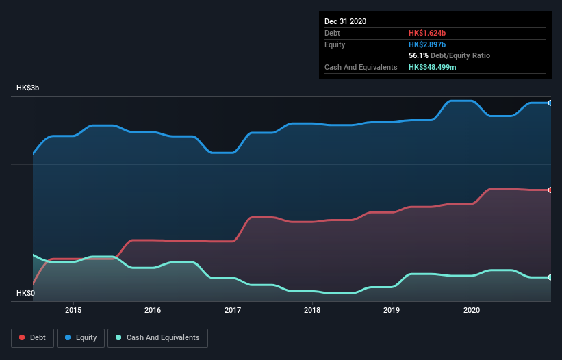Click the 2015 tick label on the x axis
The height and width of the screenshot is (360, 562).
point(73,310)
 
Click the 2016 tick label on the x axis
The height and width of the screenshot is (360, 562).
point(153,310)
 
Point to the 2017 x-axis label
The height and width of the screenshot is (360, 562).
point(233,310)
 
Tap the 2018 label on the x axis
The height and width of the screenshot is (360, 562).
point(312,310)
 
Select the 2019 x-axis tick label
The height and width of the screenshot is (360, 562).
point(392,310)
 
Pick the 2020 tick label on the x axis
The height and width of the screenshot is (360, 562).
point(472,310)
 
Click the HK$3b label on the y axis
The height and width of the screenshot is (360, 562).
point(28,88)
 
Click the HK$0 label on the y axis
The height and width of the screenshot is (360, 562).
point(25,293)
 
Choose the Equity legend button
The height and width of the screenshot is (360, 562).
point(81,337)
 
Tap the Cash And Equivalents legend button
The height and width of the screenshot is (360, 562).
point(157,337)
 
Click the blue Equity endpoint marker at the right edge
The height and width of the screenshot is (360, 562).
point(550,103)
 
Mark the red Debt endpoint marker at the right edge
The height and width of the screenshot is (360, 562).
point(550,190)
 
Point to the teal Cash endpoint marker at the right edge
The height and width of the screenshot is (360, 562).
point(550,277)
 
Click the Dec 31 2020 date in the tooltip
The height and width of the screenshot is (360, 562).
point(345,21)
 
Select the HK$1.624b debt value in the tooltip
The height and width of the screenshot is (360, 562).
point(427,33)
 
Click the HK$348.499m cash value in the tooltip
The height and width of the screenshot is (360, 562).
point(433,67)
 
